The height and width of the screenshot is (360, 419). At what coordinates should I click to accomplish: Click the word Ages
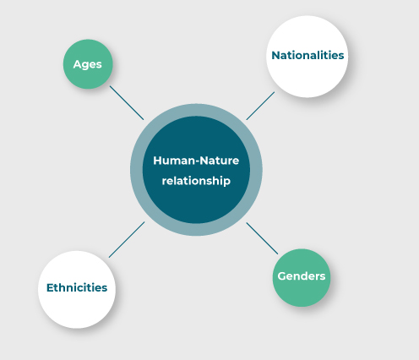(87, 64)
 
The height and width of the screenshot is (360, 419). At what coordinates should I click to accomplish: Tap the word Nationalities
(307, 55)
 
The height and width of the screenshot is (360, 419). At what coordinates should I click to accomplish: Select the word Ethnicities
(77, 287)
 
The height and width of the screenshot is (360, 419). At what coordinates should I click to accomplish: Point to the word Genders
(302, 276)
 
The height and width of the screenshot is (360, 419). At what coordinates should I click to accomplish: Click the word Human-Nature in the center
(196, 161)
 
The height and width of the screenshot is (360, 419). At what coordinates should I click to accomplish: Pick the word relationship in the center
(196, 181)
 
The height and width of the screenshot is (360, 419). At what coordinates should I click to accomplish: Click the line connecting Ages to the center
(127, 103)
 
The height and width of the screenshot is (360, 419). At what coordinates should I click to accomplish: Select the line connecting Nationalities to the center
(260, 106)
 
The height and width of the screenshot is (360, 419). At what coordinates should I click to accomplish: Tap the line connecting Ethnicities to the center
(127, 239)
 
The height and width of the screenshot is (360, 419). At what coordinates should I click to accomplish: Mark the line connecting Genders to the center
(262, 238)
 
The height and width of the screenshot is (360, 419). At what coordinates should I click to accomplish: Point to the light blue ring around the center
(136, 170)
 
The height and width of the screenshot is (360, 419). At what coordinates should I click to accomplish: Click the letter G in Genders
(282, 276)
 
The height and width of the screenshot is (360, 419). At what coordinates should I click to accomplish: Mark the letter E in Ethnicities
(50, 287)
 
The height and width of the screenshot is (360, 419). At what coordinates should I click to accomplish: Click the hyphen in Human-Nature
(197, 161)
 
